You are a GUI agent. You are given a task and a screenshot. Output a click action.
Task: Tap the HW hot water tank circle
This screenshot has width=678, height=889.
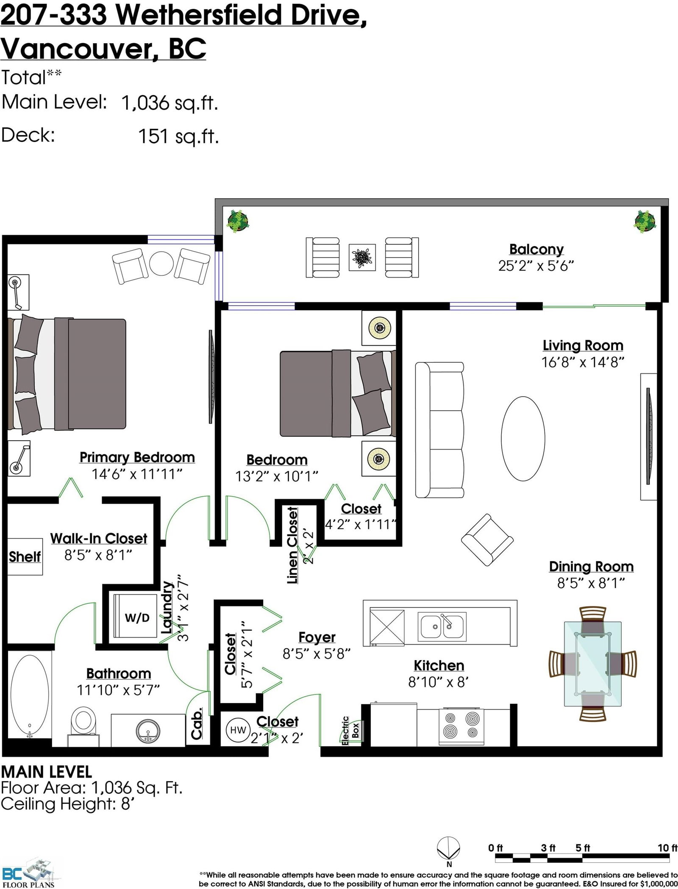point(238,730)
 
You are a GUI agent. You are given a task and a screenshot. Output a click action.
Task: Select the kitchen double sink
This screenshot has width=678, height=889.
point(442,626)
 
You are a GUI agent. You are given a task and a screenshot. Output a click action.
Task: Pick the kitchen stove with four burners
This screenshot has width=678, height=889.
point(461,726)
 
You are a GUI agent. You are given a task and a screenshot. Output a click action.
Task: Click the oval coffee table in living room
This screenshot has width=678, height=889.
point(523,438)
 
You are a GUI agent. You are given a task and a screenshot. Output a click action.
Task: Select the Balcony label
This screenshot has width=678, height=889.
point(536,250)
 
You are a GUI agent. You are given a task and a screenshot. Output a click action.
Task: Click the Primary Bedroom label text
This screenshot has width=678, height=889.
point(137,458)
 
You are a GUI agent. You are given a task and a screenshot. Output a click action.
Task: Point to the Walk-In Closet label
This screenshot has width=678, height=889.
point(99,539)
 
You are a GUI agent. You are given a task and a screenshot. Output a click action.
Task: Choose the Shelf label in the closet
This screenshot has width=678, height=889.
point(25,556)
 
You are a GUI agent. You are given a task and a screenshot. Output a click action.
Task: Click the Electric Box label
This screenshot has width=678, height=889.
point(350,730)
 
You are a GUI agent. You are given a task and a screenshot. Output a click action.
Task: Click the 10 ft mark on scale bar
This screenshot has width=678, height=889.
point(667,847)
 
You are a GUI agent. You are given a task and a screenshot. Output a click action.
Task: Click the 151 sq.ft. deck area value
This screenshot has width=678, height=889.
point(178,136)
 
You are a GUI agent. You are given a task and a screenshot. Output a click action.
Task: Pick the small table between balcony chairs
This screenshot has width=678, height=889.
point(362,257)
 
